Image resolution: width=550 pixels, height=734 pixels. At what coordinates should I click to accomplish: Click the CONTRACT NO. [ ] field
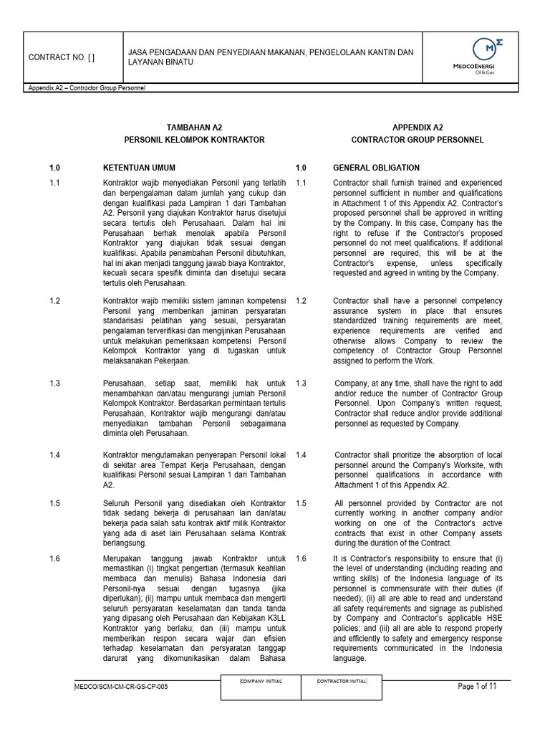click(61, 57)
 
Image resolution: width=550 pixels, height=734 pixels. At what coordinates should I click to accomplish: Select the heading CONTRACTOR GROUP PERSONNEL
click(418, 139)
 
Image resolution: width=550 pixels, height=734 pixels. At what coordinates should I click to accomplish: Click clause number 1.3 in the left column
click(54, 383)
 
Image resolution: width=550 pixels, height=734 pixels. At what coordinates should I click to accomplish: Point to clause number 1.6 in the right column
click(301, 558)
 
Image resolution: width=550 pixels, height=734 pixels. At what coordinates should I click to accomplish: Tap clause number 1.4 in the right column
click(301, 454)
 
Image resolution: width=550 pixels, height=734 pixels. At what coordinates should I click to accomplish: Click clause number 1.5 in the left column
click(54, 503)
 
